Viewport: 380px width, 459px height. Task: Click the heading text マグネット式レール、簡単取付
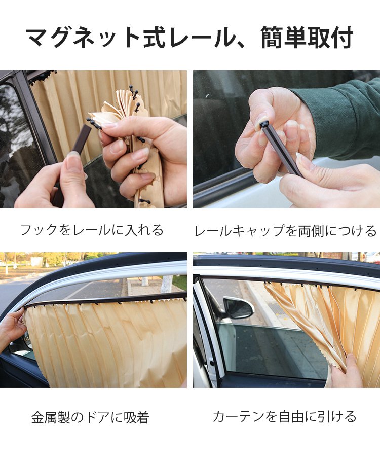coord(189,37)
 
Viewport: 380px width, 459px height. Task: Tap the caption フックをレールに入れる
coord(92,230)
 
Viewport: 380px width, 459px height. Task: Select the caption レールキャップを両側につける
coord(285,231)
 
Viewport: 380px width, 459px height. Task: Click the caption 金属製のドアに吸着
coord(90,417)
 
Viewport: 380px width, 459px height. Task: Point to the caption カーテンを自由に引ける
coord(285,416)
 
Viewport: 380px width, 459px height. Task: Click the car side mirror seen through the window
coord(238,307)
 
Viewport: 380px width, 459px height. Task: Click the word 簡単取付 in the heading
coord(307,37)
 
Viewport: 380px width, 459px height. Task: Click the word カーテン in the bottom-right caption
coord(237,416)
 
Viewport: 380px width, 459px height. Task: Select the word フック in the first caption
coord(38,230)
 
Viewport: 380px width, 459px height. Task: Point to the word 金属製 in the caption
coord(50,417)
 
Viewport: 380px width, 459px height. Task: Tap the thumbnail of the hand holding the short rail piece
coord(93,139)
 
